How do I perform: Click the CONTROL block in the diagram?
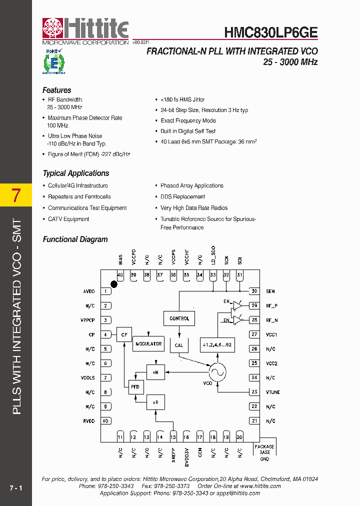click(x=179, y=318)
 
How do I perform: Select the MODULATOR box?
click(x=148, y=343)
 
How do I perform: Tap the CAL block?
click(x=179, y=345)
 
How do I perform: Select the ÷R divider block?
click(x=155, y=401)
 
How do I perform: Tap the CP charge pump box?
click(x=123, y=334)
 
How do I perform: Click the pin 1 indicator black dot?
click(x=114, y=284)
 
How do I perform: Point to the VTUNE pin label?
click(x=273, y=392)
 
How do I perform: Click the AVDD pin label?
click(x=88, y=291)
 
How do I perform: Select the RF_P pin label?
click(x=271, y=305)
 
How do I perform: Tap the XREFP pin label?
click(x=173, y=454)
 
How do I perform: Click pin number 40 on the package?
click(x=120, y=275)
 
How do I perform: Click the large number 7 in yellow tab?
click(x=16, y=195)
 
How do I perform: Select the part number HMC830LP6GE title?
click(x=270, y=32)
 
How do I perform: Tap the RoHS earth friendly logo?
click(x=53, y=61)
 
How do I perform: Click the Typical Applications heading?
click(x=76, y=173)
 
